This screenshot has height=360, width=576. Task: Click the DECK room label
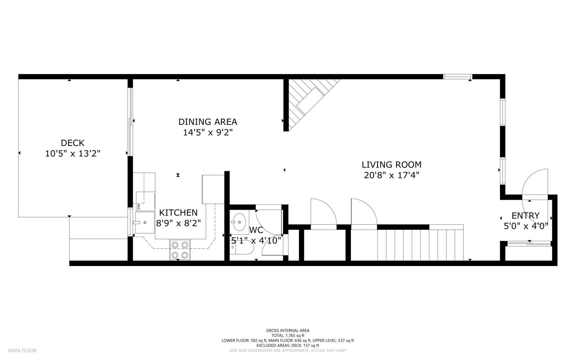coord(73,143)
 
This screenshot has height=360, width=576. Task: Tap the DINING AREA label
coord(208,122)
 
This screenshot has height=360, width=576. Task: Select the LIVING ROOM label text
coord(392,165)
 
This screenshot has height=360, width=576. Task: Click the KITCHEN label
coord(179,213)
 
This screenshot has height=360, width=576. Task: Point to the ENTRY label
coord(526,216)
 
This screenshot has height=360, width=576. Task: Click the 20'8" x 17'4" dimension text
coord(392,175)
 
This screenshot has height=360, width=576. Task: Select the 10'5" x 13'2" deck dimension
coord(73,154)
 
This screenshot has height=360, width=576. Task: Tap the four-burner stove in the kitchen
coord(180,250)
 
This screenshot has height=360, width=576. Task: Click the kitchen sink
coord(145,222)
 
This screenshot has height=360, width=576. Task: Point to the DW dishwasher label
coord(138,206)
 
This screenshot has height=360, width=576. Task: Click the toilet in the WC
coord(242,247)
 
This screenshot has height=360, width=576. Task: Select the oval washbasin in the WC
coord(239,222)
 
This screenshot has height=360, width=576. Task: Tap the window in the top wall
coord(458,76)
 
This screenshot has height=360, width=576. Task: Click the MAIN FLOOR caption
coord(22,350)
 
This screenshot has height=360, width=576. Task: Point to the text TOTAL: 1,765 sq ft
coord(288,335)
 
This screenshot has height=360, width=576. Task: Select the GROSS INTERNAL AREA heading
coord(288,330)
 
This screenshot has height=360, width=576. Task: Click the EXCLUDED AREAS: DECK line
coord(288,345)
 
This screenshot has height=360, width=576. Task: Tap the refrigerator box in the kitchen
coord(213,189)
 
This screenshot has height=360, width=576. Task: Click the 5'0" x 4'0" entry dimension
coord(526,226)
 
